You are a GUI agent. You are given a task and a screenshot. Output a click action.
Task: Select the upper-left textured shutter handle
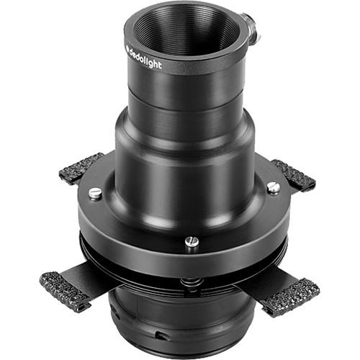click(81, 168)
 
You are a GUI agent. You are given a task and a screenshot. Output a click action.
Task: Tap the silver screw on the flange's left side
click(95, 193)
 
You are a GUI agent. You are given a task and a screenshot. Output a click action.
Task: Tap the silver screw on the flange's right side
click(273, 187)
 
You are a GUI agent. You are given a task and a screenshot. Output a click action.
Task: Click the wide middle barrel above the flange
click(189, 155)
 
